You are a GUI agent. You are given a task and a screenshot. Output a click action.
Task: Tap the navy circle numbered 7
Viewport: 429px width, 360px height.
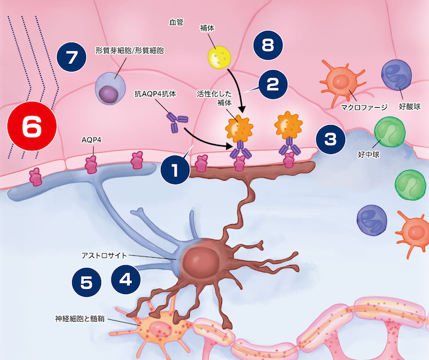(71, 58)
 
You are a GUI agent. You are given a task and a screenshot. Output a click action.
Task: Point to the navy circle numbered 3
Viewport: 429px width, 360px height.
(330, 139)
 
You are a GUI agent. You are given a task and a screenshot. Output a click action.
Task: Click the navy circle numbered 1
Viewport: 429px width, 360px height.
(176, 171)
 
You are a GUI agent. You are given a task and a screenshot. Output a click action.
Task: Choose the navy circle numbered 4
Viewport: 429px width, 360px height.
(126, 279)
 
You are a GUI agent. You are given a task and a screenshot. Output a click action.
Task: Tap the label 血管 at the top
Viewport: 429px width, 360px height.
(178, 23)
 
